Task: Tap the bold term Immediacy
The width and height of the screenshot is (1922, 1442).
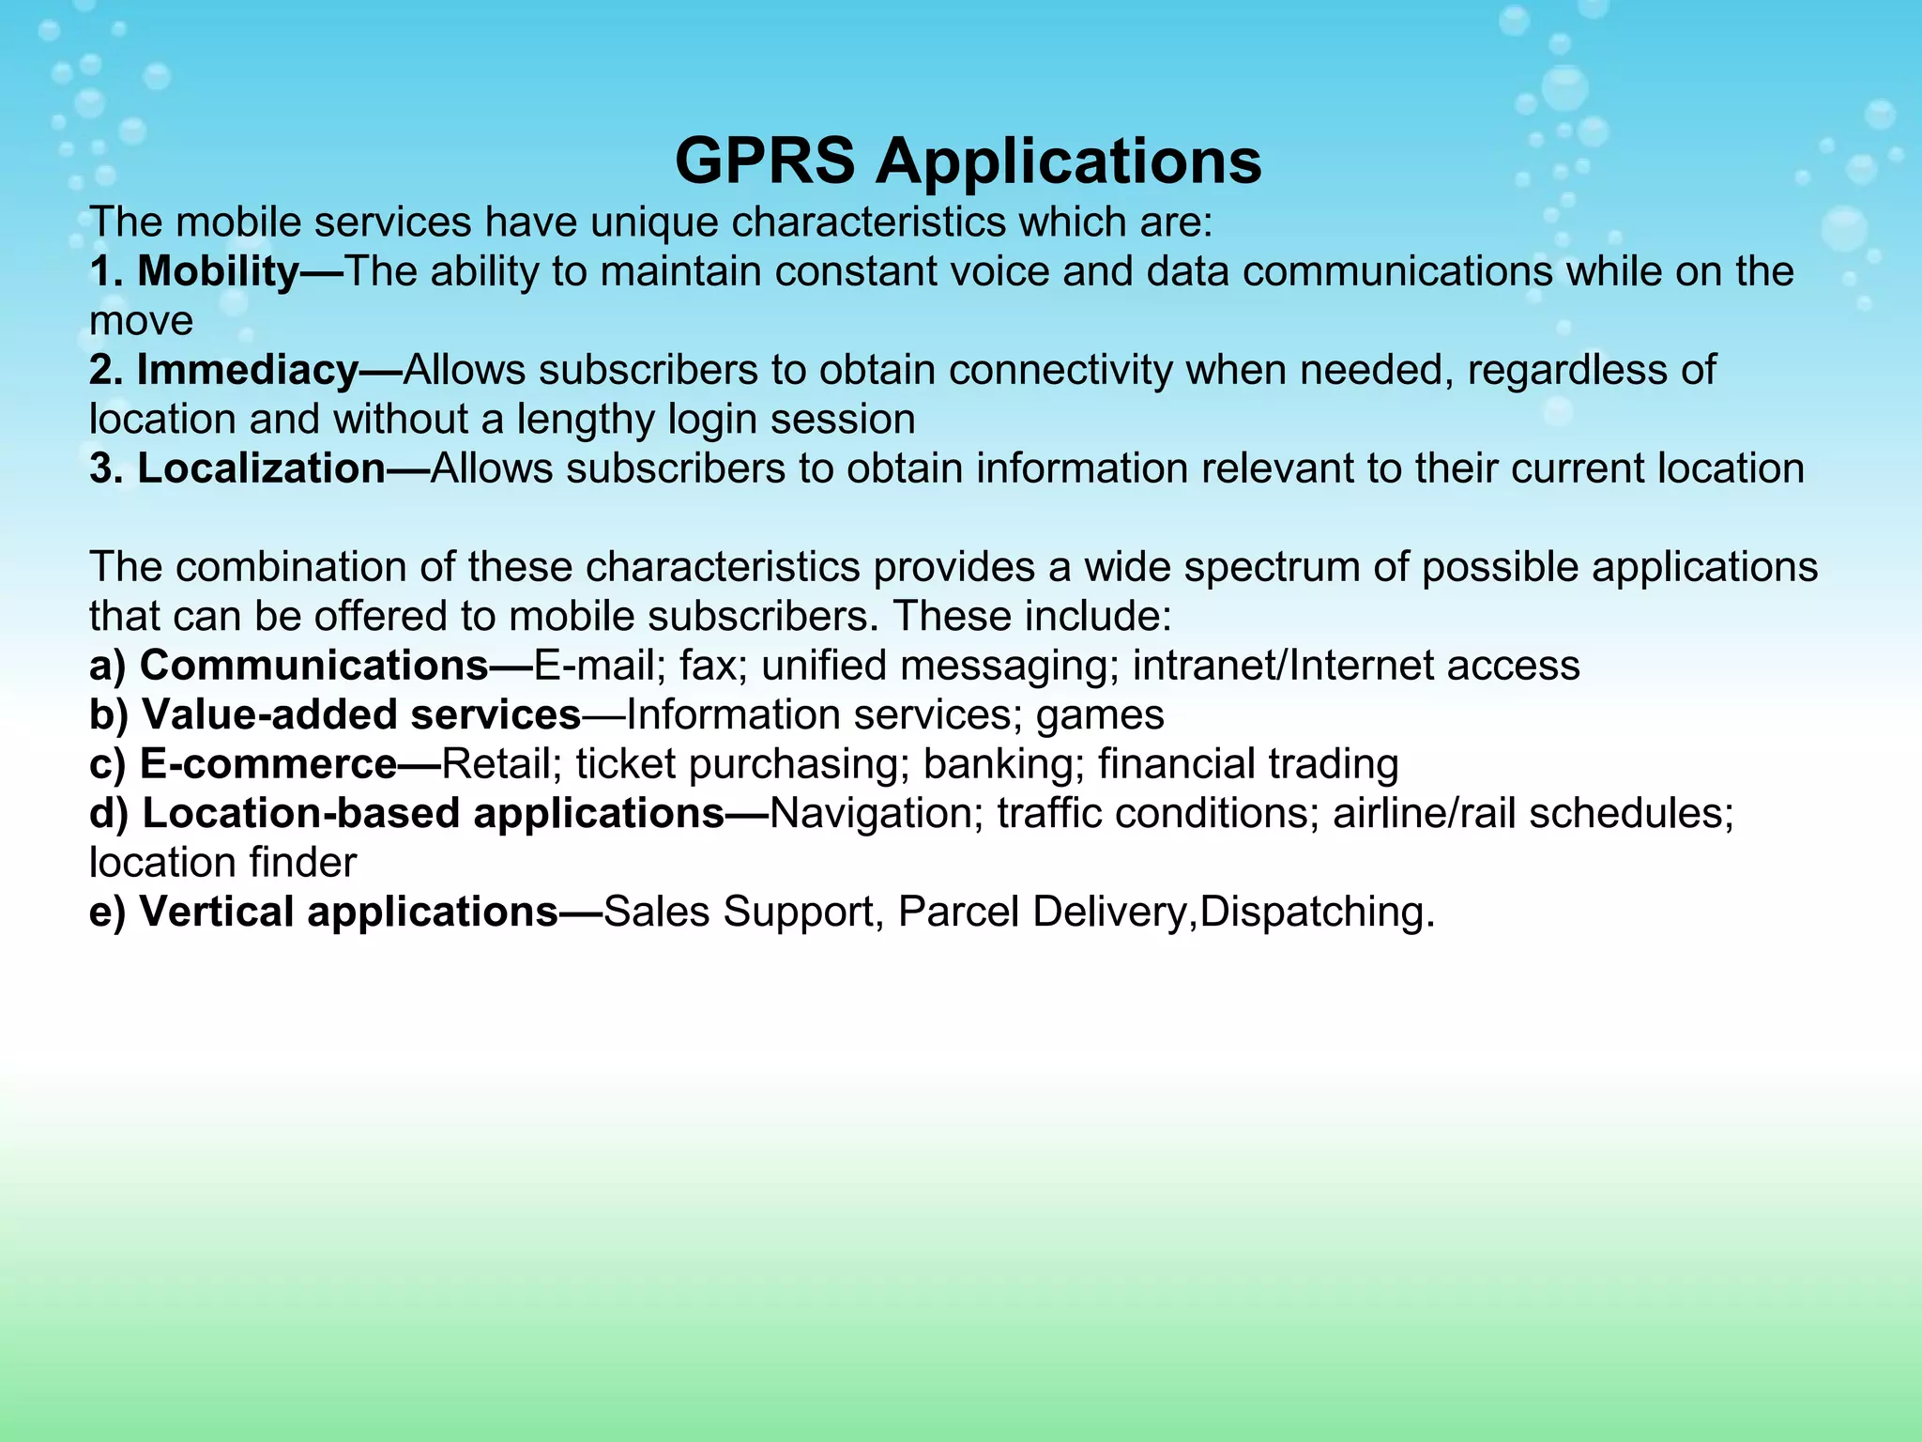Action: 248,371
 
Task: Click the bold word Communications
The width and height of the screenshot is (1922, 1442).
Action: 313,666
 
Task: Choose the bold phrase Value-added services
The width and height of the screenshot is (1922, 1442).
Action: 361,715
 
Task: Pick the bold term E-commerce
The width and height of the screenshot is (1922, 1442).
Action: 268,764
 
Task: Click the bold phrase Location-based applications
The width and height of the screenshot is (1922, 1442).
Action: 433,813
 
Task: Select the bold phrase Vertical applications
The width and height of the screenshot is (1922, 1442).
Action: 348,912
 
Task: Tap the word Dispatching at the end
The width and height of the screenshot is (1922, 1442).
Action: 1314,913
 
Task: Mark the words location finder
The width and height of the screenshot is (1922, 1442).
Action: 222,863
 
